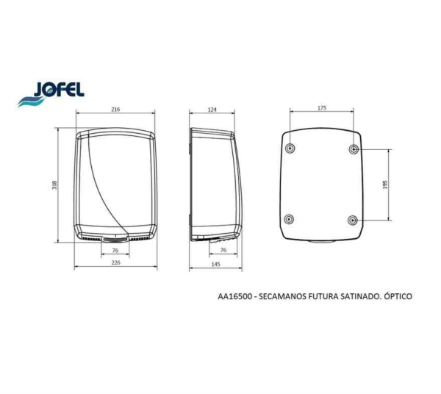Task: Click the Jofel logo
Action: coord(51,94)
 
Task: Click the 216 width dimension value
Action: coord(115,109)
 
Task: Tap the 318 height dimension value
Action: coord(54,185)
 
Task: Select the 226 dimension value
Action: coord(115,262)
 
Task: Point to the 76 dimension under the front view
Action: coord(115,250)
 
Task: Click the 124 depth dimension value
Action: coord(212,109)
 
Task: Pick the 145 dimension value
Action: coord(215,264)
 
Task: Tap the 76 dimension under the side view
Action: coord(223,250)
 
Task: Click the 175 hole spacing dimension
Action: coord(322,108)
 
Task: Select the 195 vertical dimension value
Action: coord(385,185)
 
